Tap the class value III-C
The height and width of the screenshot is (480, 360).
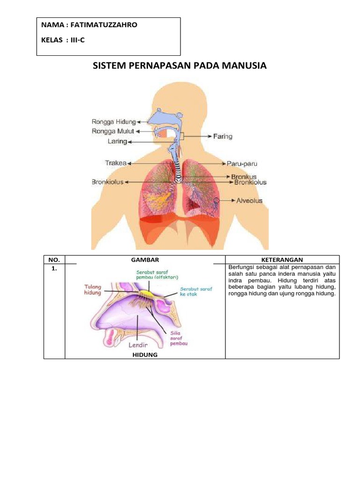coord(75,40)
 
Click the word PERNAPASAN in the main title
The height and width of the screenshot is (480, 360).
coord(157,66)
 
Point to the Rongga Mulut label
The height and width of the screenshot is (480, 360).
coord(113,132)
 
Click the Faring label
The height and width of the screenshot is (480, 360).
coord(223,136)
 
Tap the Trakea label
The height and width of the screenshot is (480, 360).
coord(115,163)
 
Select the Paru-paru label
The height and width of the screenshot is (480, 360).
coord(243,164)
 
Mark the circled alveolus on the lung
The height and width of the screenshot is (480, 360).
coord(217,202)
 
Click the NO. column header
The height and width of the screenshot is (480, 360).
coord(54,259)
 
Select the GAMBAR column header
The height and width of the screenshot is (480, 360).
coord(145,259)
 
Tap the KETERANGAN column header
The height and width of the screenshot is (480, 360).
coord(282,259)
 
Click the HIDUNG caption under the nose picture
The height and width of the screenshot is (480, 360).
coord(145,355)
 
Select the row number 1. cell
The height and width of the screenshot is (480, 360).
coord(54,268)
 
